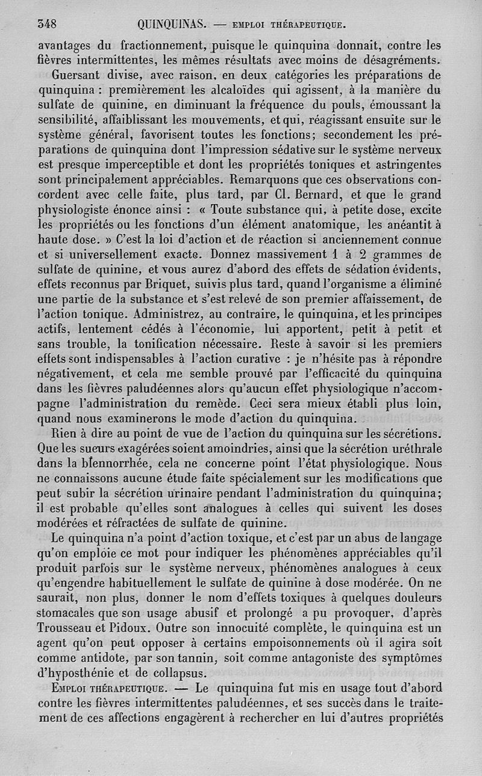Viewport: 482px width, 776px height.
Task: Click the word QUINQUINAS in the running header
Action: click(x=172, y=25)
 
